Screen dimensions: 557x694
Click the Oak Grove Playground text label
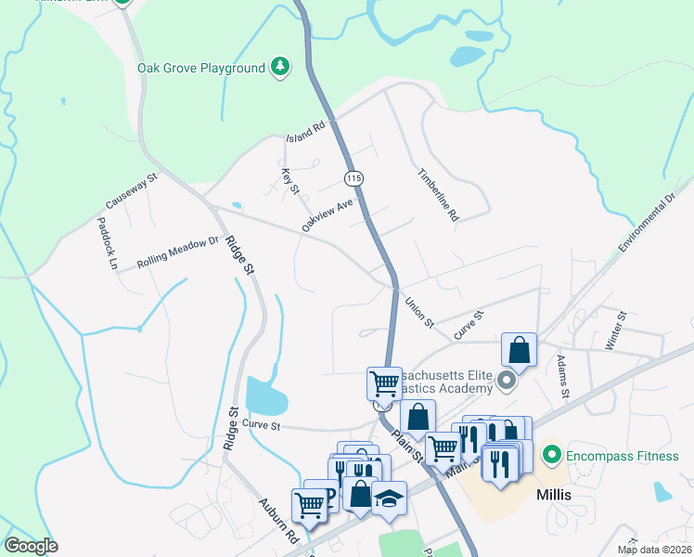200,68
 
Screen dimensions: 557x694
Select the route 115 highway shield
353,177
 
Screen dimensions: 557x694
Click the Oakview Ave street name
328,214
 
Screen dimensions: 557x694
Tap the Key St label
289,176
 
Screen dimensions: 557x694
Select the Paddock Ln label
108,243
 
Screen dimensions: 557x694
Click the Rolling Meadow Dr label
176,252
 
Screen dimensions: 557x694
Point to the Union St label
419,313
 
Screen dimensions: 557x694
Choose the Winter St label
616,330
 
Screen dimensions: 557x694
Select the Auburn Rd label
277,522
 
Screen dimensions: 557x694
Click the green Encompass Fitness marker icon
552,455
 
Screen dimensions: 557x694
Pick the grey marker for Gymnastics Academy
506,380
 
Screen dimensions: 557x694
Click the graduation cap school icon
390,497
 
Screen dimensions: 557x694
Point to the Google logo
32,546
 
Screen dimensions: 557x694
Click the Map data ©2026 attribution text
654,550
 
